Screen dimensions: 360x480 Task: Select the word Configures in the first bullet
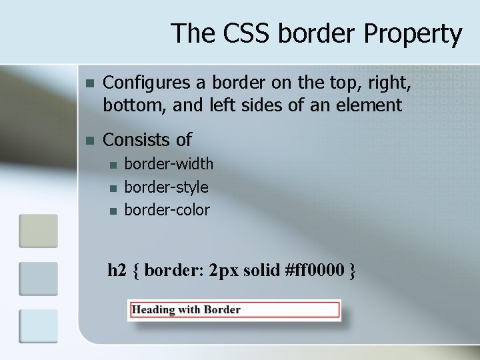click(149, 83)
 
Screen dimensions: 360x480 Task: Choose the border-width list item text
click(169, 163)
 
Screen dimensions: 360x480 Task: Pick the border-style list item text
click(166, 187)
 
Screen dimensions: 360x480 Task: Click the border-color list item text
click(167, 211)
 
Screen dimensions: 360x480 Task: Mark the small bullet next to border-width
click(113, 165)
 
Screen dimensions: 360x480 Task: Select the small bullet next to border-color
click(113, 211)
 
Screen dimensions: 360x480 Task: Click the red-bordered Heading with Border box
click(234, 310)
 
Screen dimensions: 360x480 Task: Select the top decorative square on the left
click(38, 231)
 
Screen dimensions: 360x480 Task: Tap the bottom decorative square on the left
click(38, 326)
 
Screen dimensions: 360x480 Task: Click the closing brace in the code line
click(353, 270)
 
